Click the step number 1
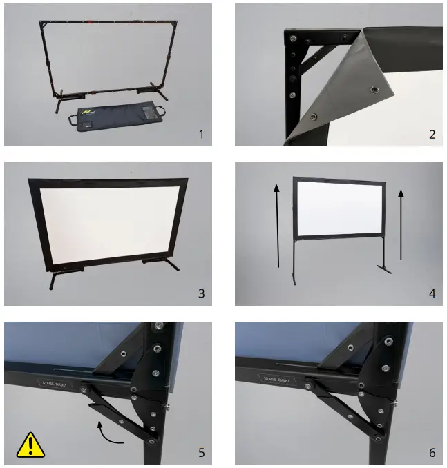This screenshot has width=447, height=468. (201, 135)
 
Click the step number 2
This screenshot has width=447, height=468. (432, 135)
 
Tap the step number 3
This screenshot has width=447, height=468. (201, 293)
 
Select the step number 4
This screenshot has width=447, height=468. (432, 293)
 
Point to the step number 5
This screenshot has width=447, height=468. (201, 453)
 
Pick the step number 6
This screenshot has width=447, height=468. (432, 453)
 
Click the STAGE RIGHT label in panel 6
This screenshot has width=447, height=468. (278, 380)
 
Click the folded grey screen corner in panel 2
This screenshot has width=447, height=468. (345, 83)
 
